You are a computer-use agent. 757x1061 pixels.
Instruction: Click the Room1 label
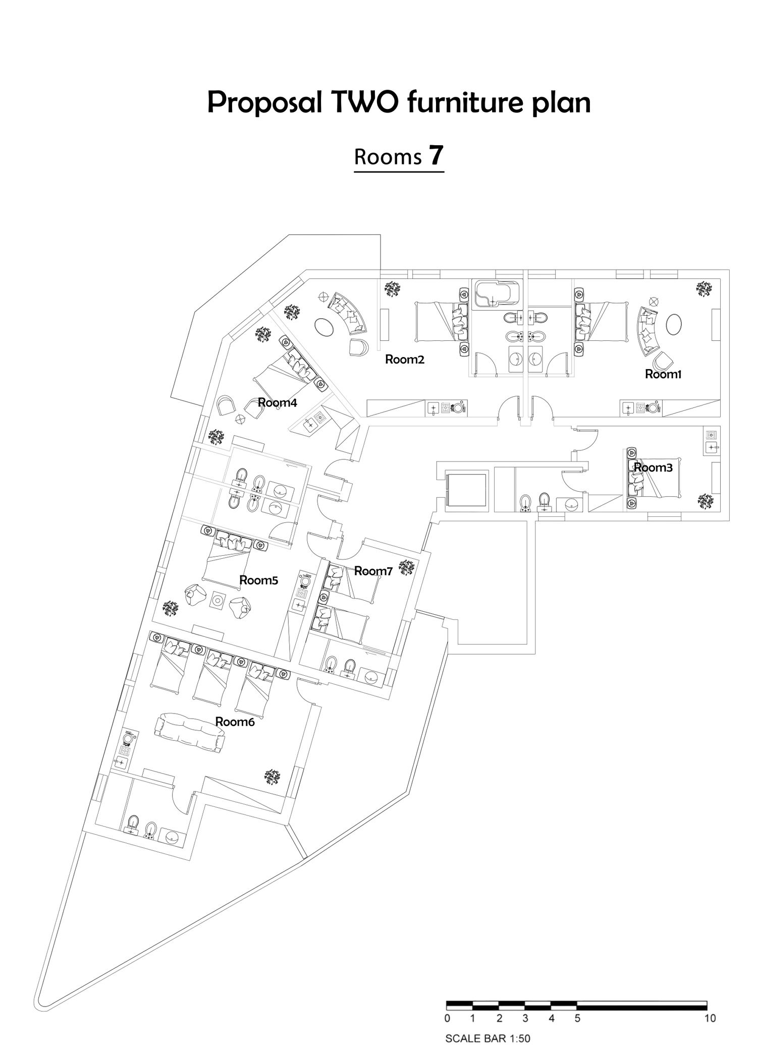click(x=663, y=374)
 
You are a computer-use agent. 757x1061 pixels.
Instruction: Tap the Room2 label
click(x=404, y=360)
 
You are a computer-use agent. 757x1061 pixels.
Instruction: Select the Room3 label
click(x=653, y=467)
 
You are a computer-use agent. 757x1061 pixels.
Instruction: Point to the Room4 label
click(x=277, y=402)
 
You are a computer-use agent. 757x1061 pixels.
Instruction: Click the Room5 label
click(x=258, y=580)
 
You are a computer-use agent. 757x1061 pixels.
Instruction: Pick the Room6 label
click(x=235, y=722)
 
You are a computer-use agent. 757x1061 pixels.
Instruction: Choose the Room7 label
click(x=373, y=571)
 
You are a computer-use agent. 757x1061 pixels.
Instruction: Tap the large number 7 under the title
click(x=436, y=155)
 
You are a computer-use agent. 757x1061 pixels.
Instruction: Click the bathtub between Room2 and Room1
click(x=497, y=293)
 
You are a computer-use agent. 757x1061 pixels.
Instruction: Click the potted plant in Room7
click(x=407, y=567)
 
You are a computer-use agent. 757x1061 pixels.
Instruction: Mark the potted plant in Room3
click(x=706, y=501)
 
